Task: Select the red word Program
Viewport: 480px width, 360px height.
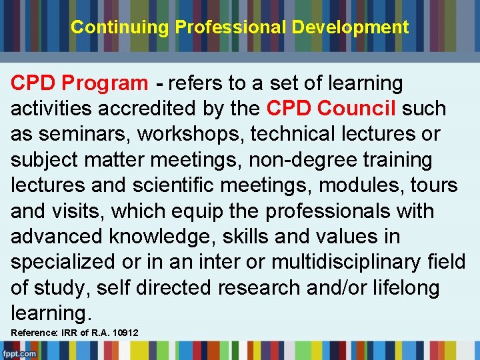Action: click(105, 83)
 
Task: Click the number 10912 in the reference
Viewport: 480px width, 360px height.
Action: click(121, 333)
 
